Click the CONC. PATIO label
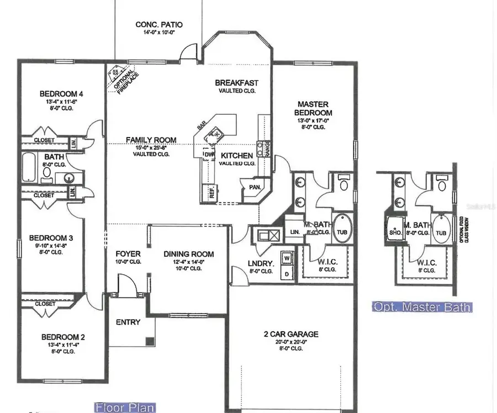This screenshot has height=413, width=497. tap(158, 25)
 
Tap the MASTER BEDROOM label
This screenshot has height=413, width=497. tap(313, 108)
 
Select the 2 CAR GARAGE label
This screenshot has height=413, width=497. tap(290, 334)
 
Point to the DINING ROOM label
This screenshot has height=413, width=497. tap(188, 255)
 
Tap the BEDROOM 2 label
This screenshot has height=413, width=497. tap(63, 337)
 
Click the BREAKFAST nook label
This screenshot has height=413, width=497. tap(236, 83)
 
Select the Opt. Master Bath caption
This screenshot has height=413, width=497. tap(422, 307)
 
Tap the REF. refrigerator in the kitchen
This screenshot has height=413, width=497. tap(210, 192)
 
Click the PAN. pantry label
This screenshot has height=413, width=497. tap(255, 187)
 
